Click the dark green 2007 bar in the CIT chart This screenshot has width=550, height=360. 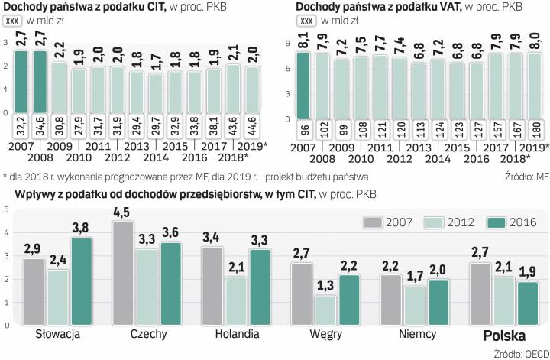21,84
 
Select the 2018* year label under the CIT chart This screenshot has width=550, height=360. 230,157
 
